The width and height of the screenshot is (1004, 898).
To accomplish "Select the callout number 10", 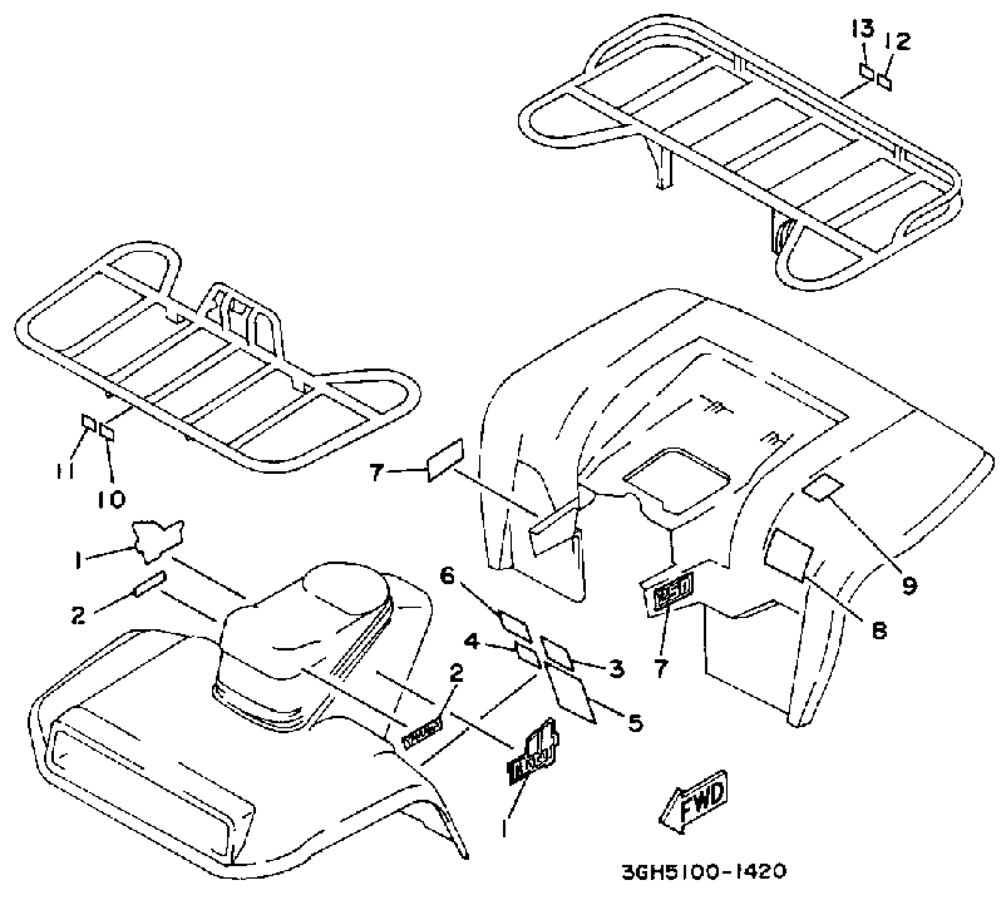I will (112, 498).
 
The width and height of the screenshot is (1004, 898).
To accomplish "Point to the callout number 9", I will (908, 585).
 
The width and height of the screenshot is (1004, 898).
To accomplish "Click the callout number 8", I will (878, 631).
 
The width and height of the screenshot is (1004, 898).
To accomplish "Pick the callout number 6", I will (447, 576).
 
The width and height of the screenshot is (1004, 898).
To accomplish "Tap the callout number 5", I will (634, 722).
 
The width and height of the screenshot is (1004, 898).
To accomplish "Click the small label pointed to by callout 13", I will (866, 71).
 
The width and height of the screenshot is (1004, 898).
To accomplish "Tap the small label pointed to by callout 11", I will (88, 423).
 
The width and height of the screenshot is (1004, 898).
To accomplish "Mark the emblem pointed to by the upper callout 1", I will (158, 539).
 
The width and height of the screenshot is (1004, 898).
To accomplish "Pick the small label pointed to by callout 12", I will (885, 82).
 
